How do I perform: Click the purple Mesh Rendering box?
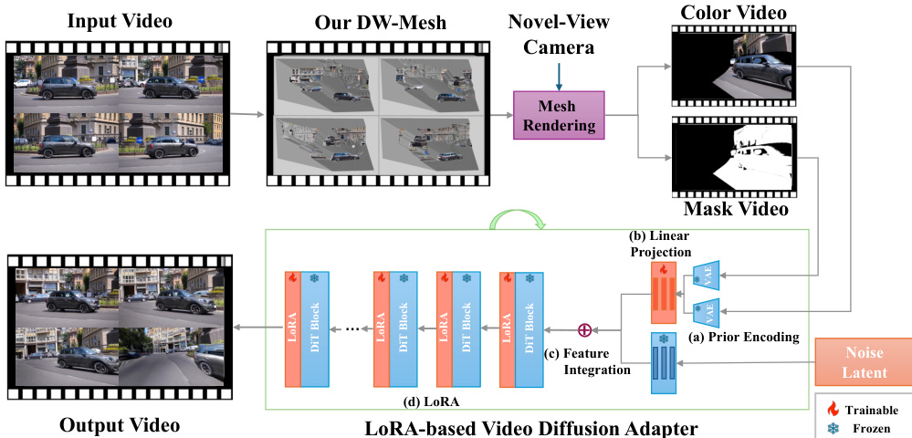pos(558,115)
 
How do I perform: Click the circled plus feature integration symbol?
pos(585,329)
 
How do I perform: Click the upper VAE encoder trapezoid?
pos(707,273)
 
